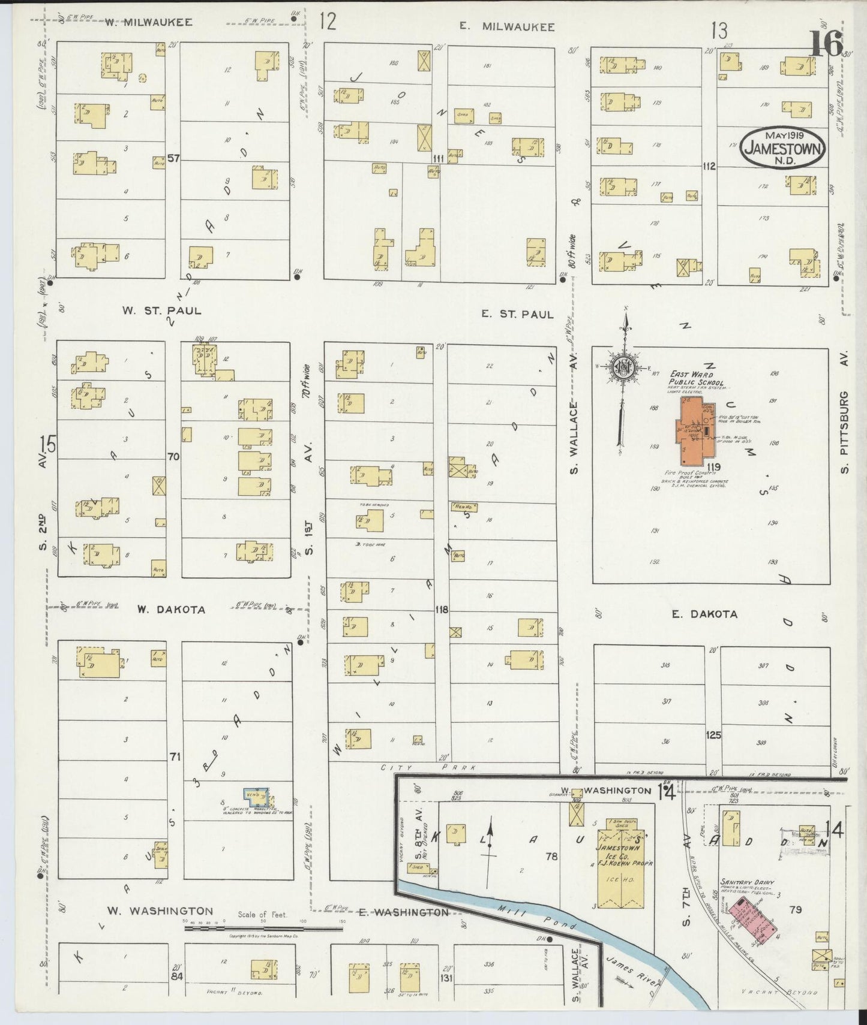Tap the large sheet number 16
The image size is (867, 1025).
827,43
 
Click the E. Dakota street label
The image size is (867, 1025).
704,614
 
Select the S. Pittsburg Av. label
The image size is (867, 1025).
844,431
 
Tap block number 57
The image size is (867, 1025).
174,158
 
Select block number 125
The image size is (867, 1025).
713,735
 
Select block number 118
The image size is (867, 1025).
442,610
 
